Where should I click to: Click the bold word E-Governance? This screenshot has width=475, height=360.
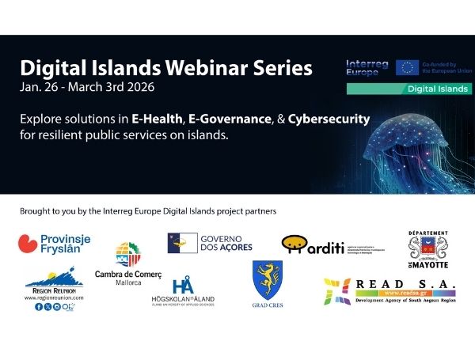[x=247, y=119]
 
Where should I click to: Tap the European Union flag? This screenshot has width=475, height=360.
[x=408, y=67]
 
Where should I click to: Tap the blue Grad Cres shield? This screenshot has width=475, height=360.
[x=268, y=279]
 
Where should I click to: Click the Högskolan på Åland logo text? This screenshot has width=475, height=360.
[x=183, y=299]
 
